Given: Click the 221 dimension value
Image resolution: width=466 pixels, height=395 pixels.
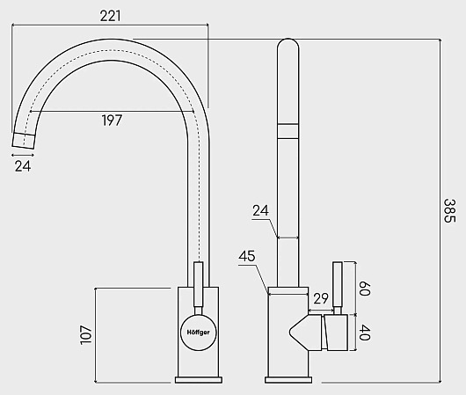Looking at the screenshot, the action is coord(110,16).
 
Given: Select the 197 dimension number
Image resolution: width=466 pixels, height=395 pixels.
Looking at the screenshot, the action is coord(112,121).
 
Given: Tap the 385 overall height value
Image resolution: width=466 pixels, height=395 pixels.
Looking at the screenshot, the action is coord(449,210).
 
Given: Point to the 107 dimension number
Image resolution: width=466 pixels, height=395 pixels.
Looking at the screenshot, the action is coord(86,335).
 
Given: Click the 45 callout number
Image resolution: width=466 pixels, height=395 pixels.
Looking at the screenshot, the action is coord(247,256).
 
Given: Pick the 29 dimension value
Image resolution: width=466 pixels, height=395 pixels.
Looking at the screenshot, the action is coord(320,298).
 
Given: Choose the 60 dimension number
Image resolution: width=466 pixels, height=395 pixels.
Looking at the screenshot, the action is coord(364,289).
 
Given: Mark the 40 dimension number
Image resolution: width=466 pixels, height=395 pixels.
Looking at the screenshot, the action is coord(364,333).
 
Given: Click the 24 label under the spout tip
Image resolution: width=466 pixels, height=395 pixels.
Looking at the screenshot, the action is coord(23,166).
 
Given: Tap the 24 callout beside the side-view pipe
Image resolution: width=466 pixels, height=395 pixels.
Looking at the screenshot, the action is coord(260,210).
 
